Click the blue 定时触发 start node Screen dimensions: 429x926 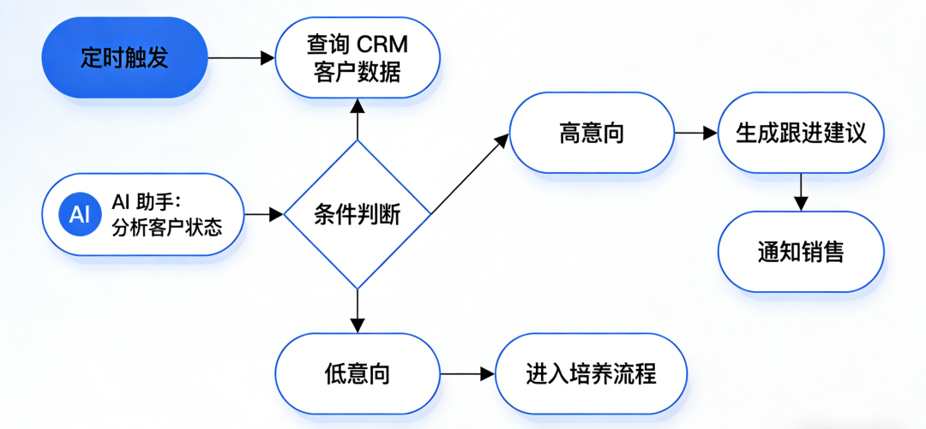[x=124, y=57]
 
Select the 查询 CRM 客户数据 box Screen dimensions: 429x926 [x=357, y=57]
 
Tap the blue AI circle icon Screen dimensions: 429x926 [x=79, y=214]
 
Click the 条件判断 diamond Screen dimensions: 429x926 [x=357, y=214]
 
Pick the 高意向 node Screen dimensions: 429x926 [x=592, y=134]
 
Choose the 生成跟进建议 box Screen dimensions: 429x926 [x=801, y=134]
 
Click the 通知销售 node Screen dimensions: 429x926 [x=801, y=252]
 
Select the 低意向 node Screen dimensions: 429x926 [x=357, y=374]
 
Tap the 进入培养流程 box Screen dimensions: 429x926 [x=591, y=374]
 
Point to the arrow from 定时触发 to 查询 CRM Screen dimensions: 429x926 [x=240, y=58]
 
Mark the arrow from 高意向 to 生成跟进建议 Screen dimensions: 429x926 [x=694, y=134]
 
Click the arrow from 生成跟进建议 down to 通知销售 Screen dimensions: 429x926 [x=801, y=191]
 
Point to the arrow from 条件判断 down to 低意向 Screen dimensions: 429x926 [x=358, y=311]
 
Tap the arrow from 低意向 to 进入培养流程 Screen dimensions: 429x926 [x=467, y=374]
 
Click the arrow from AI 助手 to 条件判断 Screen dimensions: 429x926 [x=263, y=214]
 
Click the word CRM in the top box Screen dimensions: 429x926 [x=384, y=42]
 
